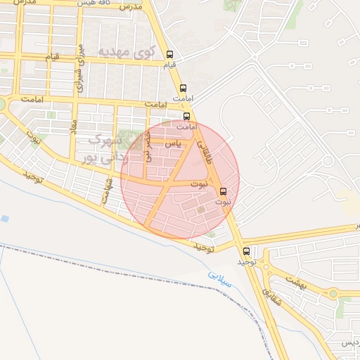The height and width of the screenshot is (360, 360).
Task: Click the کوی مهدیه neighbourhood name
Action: coord(124,51)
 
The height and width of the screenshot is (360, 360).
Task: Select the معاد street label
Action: coord(73,127)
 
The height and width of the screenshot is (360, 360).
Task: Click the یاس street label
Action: coord(172,143)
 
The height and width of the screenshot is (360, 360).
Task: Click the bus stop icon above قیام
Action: coord(169,54)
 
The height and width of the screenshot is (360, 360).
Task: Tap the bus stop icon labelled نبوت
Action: coord(224,191)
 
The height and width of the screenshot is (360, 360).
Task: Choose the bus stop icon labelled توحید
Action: coord(246,251)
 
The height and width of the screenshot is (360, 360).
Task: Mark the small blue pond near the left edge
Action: coord(5,219)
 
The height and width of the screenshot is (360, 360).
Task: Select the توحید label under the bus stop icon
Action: coord(245,262)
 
